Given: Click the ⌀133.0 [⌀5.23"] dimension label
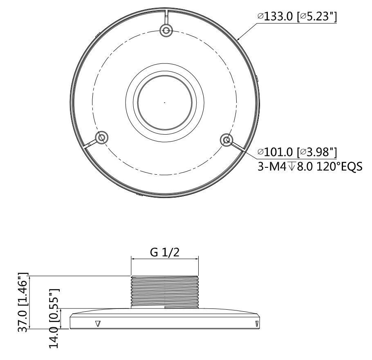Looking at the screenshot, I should (297, 17).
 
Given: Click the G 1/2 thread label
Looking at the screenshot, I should (164, 252).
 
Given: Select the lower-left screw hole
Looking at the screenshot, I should (101, 137).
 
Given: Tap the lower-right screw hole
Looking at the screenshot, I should (226, 140).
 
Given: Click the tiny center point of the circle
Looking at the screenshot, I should (164, 102).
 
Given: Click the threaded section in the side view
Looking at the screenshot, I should (164, 291).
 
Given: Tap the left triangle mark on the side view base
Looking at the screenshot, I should (97, 324).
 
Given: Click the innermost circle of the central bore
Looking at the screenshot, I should (164, 102).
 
